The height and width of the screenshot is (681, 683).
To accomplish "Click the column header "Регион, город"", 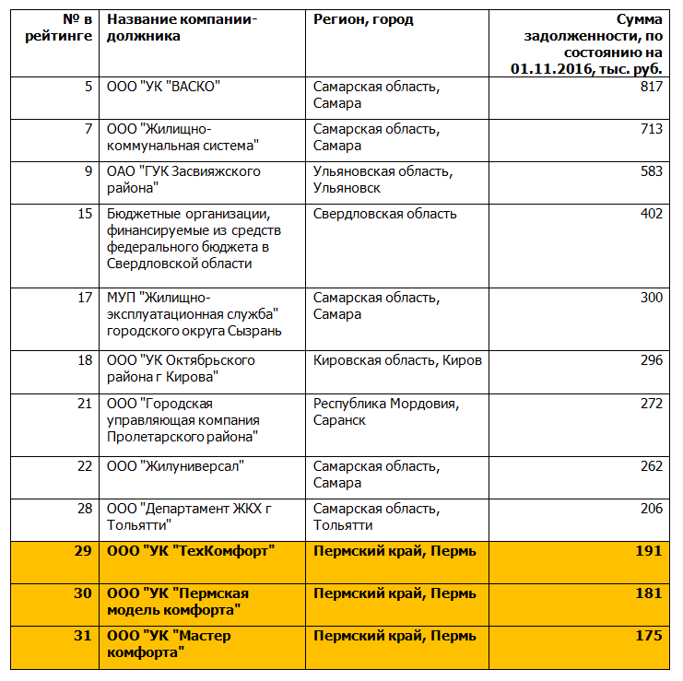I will coord(363,19).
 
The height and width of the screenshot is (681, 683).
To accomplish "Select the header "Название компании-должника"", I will coord(182,28).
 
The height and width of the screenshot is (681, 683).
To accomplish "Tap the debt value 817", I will coord(651,87).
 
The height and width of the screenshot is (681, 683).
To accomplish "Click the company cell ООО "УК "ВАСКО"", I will coord(163,87).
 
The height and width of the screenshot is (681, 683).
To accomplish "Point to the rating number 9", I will coord(88,171).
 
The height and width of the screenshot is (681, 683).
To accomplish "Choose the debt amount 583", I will coord(651,171).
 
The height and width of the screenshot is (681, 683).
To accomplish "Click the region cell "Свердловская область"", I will coord(384,214).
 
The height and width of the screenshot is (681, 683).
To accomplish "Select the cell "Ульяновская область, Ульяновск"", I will coord(382,180).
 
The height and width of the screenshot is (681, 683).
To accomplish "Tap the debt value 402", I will coord(651,214).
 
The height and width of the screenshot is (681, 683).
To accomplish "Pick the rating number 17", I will coord(85,298).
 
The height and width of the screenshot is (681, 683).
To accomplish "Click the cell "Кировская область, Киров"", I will coord(397,360).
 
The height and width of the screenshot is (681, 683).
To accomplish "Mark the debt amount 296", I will coord(651,360).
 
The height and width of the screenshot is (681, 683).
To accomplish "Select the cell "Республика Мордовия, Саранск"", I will coord(385,411).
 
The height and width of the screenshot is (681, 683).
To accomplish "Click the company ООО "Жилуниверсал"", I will coord(175,466).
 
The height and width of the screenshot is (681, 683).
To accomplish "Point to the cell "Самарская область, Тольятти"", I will coord(375,517).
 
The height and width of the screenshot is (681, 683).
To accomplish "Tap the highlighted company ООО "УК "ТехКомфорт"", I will coord(192,551).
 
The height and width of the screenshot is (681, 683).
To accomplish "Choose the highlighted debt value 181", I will coord(649,593).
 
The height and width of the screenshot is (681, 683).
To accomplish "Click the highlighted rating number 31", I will coord(83,636).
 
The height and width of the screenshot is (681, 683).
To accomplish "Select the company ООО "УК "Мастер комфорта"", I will coord(169,644).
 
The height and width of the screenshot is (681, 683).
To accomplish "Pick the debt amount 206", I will coord(651,509).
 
